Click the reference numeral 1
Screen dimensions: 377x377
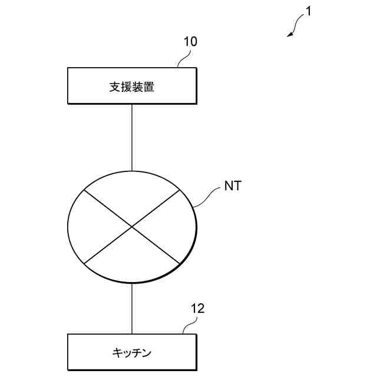pyautogui.click(x=307, y=11)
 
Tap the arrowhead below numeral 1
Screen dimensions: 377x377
pyautogui.click(x=290, y=35)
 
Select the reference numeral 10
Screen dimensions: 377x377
pyautogui.click(x=190, y=41)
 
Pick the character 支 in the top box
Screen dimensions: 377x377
pyautogui.click(x=114, y=87)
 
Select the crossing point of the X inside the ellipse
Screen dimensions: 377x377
pyautogui.click(x=131, y=227)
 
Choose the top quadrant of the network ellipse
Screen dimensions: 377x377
pyautogui.click(x=131, y=194)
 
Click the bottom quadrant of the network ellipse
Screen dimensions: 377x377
pyautogui.click(x=131, y=259)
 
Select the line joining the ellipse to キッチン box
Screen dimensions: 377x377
pyautogui.click(x=131, y=309)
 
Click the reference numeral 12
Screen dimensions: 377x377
pyautogui.click(x=199, y=307)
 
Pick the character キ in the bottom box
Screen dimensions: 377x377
pyautogui.click(x=117, y=353)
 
